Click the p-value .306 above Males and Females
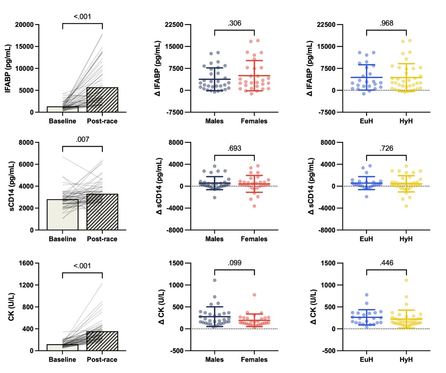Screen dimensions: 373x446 [x=234, y=23]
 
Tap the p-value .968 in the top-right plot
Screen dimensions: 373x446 [x=386, y=23]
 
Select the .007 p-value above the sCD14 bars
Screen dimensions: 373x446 [x=82, y=139]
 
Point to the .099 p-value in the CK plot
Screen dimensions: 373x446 [x=234, y=263]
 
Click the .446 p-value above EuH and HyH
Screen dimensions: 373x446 [x=386, y=263]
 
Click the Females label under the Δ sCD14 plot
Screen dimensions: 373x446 [x=254, y=239]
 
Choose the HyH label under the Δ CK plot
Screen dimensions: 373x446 [x=406, y=359]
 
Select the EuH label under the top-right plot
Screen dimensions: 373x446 [x=366, y=121]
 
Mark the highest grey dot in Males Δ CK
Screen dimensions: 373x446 [x=215, y=280]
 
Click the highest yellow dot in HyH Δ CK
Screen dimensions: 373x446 [x=406, y=280]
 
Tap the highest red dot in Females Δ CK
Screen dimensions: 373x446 [x=254, y=295]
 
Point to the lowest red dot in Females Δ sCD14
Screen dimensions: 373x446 [x=254, y=206]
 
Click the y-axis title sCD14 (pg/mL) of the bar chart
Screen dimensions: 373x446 [x=11, y=186]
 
